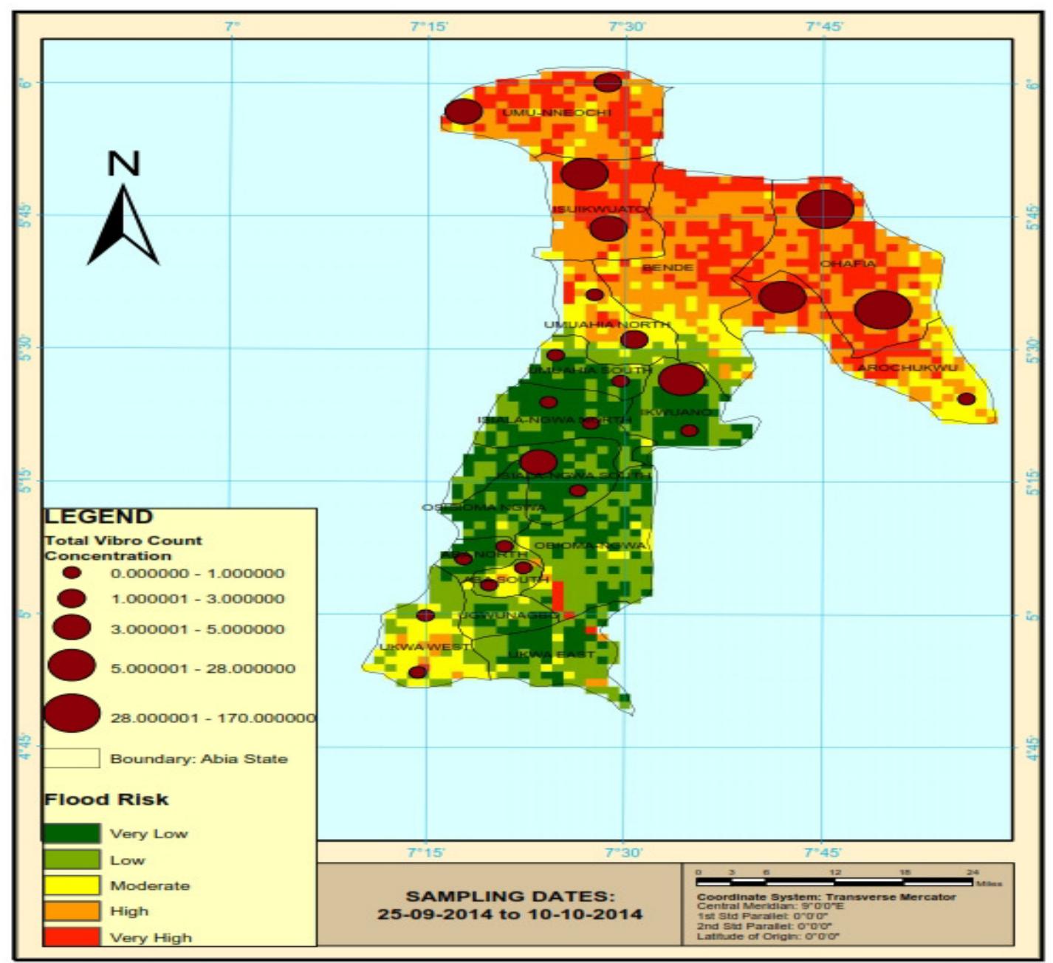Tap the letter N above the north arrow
click(x=123, y=163)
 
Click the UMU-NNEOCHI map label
click(x=557, y=113)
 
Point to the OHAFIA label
click(x=848, y=264)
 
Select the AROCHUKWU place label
click(x=907, y=368)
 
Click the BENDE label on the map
click(x=668, y=267)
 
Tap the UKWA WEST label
click(x=424, y=647)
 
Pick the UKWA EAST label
click(x=551, y=655)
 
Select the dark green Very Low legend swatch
click(x=71, y=833)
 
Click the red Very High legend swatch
click(x=71, y=936)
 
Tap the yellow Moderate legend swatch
click(x=71, y=885)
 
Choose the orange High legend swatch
click(x=71, y=911)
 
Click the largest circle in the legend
click(x=72, y=713)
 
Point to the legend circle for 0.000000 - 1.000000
click(x=72, y=572)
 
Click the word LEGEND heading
click(x=99, y=516)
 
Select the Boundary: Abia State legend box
click(x=71, y=758)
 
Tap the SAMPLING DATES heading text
click(x=510, y=897)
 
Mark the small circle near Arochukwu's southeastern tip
click(x=966, y=399)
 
